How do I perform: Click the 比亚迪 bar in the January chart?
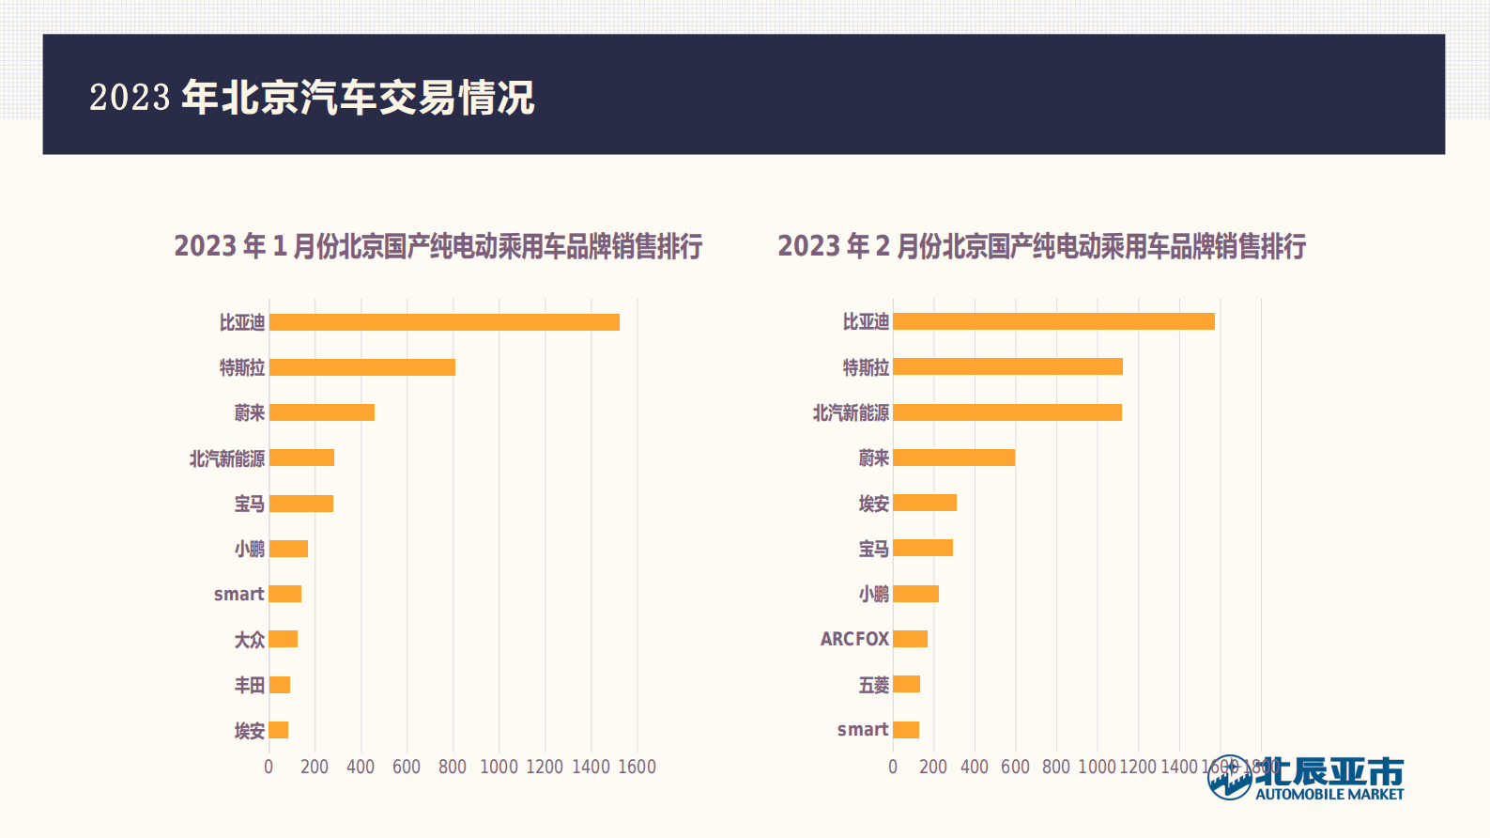444,322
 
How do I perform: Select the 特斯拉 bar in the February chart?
1007,366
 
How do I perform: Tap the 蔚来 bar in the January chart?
322,412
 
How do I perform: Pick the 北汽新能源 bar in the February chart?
1007,412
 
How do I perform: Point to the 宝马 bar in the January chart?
301,504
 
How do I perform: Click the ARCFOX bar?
910,639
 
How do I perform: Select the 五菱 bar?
906,684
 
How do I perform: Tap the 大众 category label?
250,640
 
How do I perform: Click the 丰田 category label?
250,685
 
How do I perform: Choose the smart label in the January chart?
238,594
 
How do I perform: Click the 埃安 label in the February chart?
873,504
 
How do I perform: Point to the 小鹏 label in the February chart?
873,594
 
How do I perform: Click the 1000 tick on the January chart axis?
499,767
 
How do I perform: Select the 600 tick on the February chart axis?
1015,767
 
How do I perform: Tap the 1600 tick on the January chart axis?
637,767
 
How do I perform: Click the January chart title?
438,246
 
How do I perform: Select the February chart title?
1041,246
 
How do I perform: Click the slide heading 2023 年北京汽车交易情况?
312,97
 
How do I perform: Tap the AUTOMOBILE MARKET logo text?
1329,794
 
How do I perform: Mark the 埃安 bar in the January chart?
279,730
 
